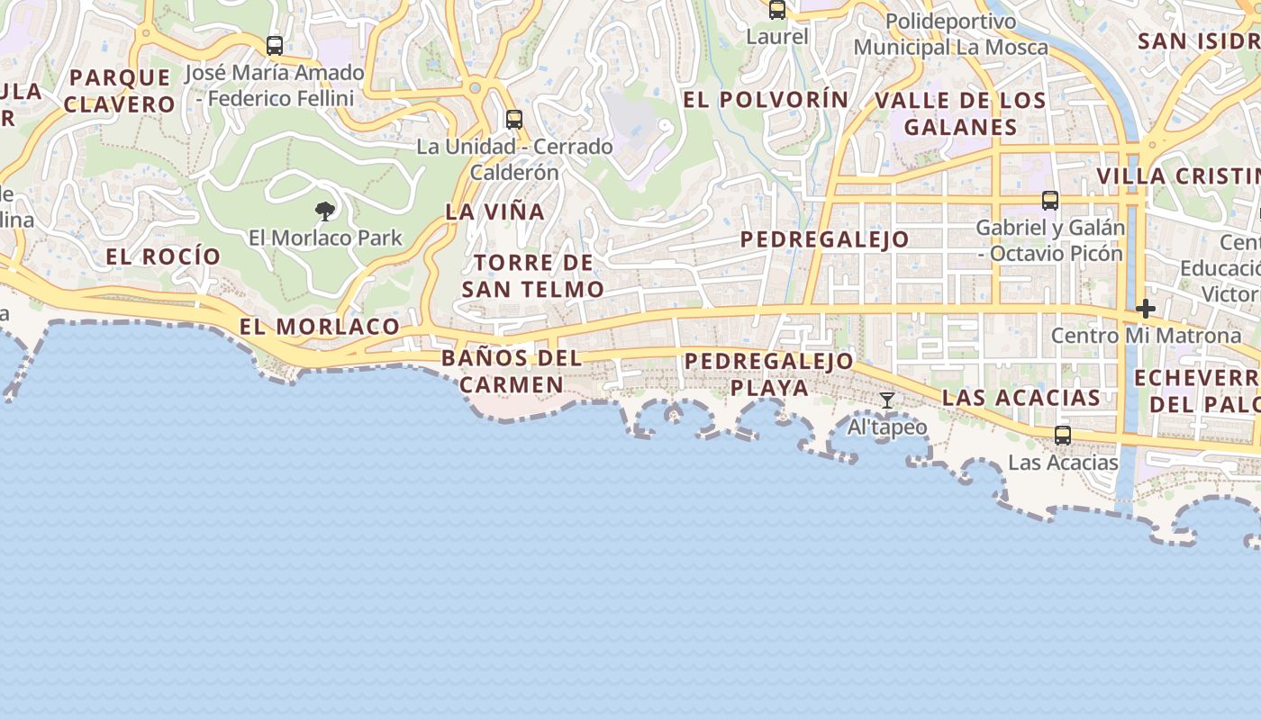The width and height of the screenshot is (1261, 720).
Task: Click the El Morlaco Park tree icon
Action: pyautogui.click(x=325, y=211)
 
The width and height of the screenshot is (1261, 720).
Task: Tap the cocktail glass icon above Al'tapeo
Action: pyautogui.click(x=887, y=400)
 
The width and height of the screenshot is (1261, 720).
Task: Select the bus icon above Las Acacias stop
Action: pyautogui.click(x=1063, y=436)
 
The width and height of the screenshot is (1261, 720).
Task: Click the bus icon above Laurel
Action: pyautogui.click(x=776, y=10)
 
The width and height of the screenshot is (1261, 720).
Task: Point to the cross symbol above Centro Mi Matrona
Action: pyautogui.click(x=1146, y=309)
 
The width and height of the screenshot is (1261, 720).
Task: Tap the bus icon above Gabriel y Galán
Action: pyautogui.click(x=1050, y=201)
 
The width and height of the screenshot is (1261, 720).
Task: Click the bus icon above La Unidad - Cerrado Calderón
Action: pyautogui.click(x=514, y=119)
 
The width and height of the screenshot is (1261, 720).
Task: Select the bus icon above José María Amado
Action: pyautogui.click(x=275, y=45)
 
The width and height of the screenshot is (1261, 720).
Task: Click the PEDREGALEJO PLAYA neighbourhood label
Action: pyautogui.click(x=769, y=373)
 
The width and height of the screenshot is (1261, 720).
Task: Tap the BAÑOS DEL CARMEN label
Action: pyautogui.click(x=511, y=371)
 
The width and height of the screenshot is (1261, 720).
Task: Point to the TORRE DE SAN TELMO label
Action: pyautogui.click(x=532, y=275)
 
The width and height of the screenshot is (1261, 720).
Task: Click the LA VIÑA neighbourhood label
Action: pyautogui.click(x=495, y=211)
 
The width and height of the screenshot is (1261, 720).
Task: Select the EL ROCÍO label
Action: pyautogui.click(x=163, y=256)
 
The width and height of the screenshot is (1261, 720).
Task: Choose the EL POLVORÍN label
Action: pyautogui.click(x=766, y=100)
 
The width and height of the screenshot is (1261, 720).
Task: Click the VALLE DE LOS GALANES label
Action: pyautogui.click(x=960, y=113)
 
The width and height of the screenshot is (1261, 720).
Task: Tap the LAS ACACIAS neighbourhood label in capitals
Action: pyautogui.click(x=1021, y=397)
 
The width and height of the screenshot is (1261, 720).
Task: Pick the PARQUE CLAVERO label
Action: pyautogui.click(x=120, y=90)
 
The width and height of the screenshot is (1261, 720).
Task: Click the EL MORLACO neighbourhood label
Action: pyautogui.click(x=320, y=326)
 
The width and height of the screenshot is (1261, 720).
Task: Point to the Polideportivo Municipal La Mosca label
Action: pyautogui.click(x=951, y=34)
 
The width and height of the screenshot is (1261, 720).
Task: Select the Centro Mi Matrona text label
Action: pyautogui.click(x=1147, y=336)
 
